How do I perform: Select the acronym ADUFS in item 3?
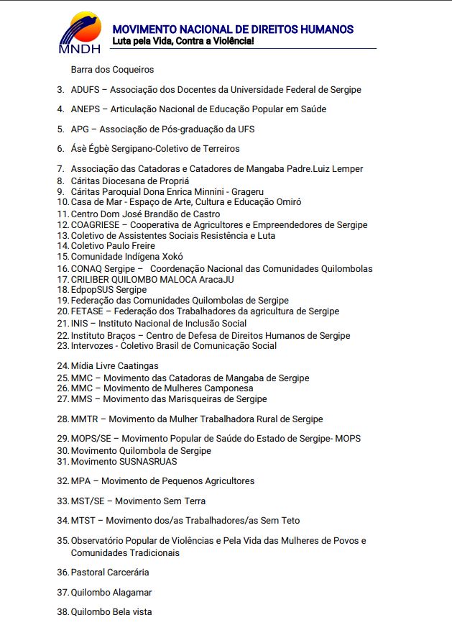point(85,90)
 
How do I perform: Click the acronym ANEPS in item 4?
point(86,109)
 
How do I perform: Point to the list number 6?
point(61,149)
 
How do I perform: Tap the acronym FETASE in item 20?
point(87,311)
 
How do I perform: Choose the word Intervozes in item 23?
point(91,345)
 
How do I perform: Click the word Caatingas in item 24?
point(139,366)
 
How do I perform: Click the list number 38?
point(62,612)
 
